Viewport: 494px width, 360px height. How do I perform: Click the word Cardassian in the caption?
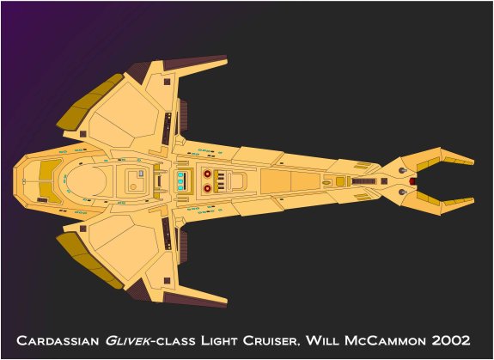(58, 340)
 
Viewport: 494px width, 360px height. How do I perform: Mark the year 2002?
(451, 340)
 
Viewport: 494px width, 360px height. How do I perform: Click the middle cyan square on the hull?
(180, 181)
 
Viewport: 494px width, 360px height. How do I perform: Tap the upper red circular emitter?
(207, 174)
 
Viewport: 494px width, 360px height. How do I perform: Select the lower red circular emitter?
(207, 188)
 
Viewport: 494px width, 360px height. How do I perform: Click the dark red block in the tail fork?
(412, 181)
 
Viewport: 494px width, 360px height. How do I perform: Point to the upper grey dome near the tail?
(402, 170)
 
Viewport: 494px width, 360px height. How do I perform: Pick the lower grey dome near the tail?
(402, 192)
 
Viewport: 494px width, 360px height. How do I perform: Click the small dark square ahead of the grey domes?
(384, 181)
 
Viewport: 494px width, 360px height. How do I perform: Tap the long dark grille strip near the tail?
(364, 181)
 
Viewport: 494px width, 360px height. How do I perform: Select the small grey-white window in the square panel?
(141, 174)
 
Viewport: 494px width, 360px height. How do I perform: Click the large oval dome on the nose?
(87, 181)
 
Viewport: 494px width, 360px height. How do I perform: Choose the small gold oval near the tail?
(327, 182)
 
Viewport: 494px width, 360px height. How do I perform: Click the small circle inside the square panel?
(133, 186)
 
